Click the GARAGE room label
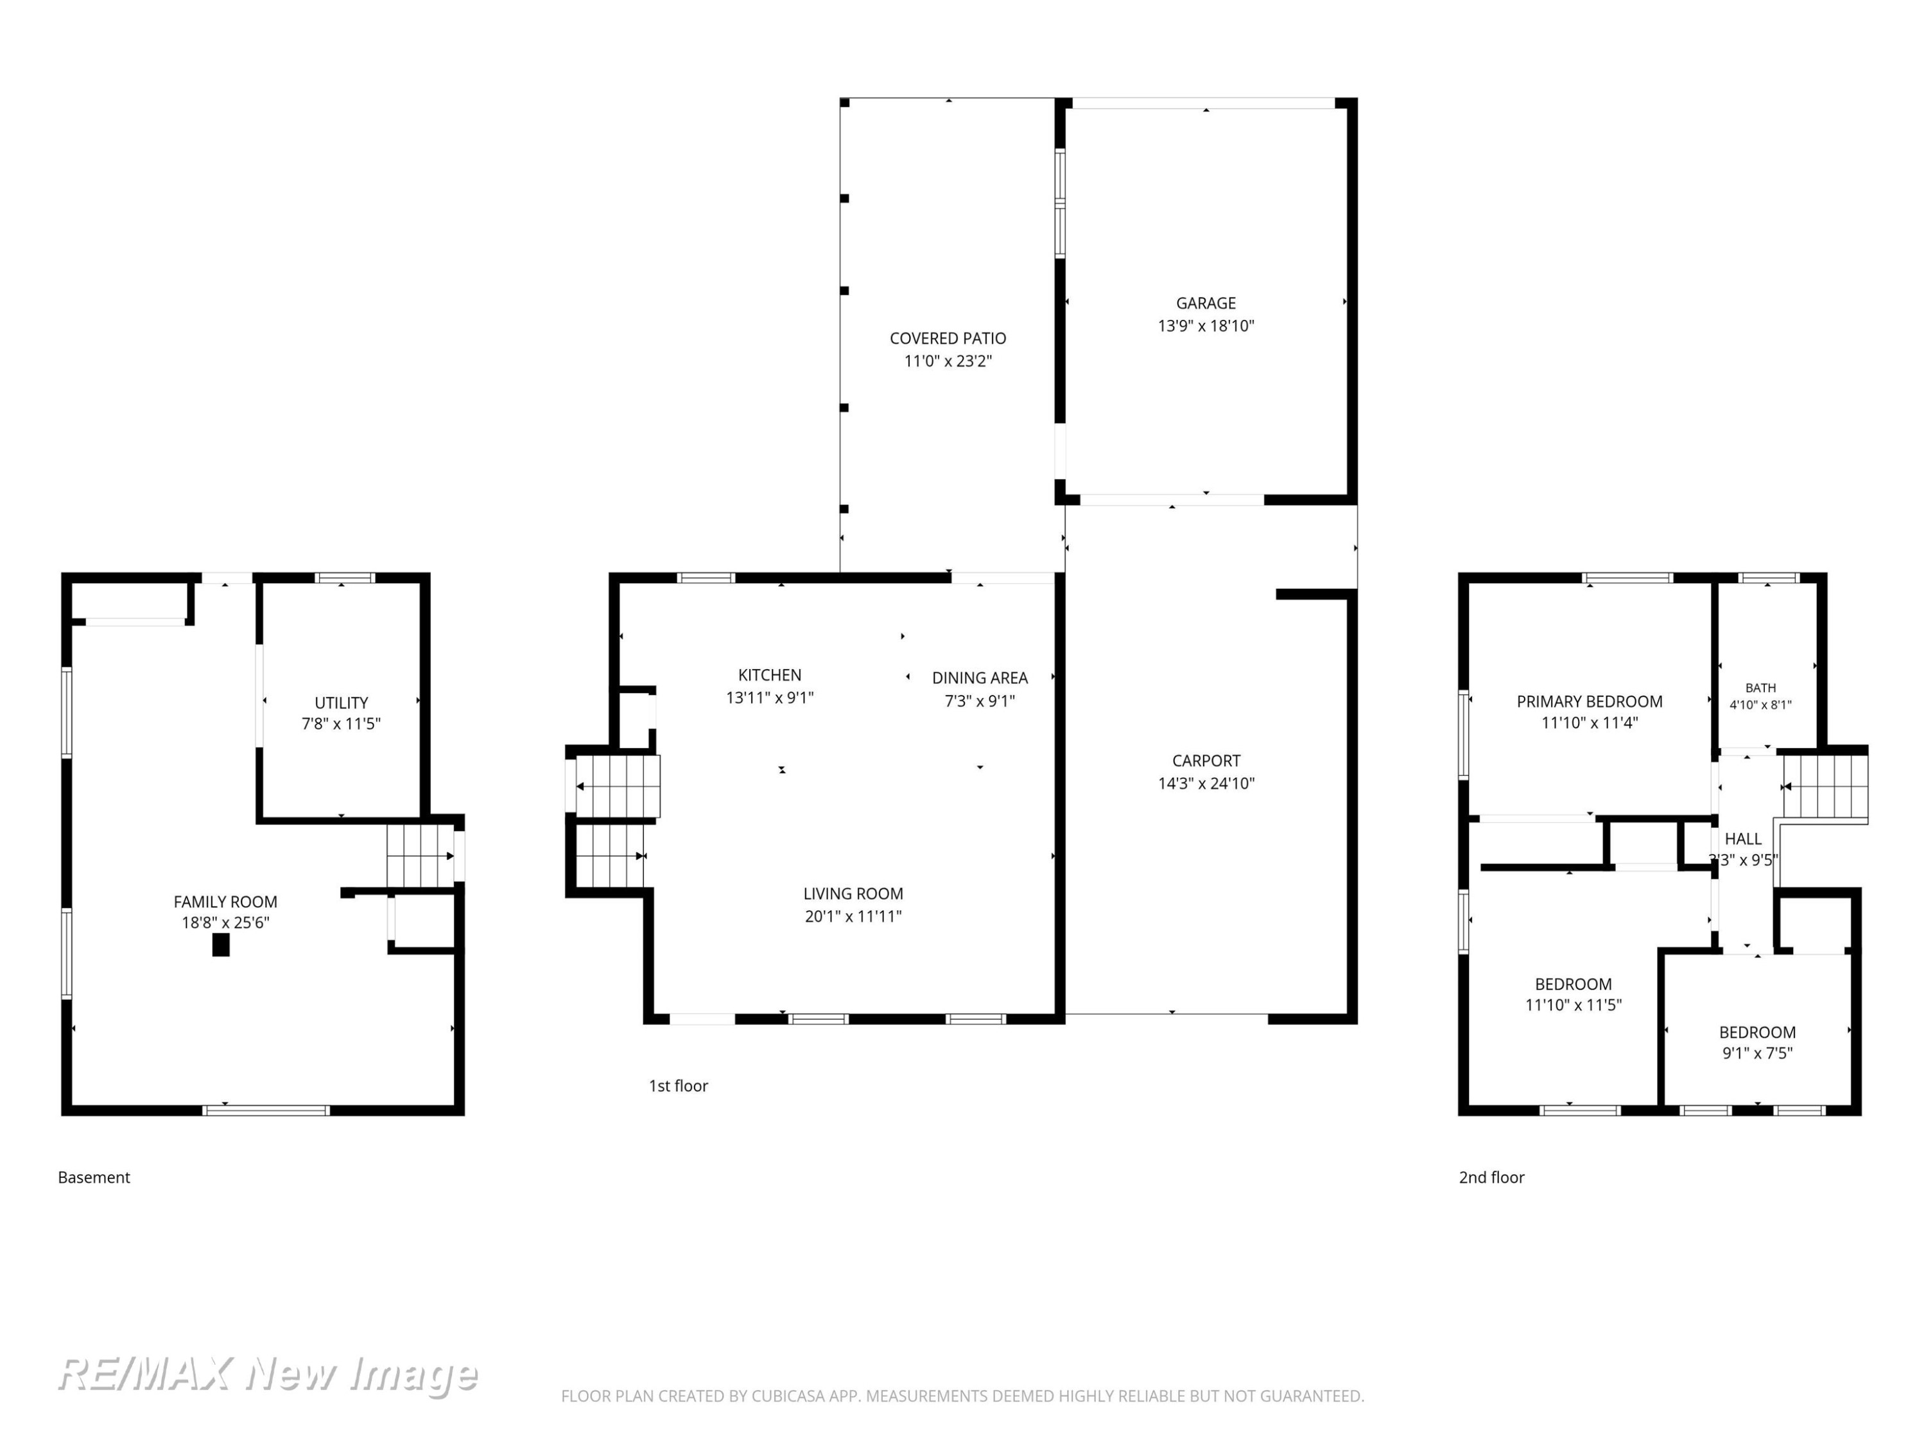[x=1206, y=303]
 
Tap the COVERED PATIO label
[x=948, y=338]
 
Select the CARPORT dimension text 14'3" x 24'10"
[x=1206, y=783]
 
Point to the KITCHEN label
[x=770, y=675]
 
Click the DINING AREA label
[x=980, y=678]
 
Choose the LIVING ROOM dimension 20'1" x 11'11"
[x=853, y=915]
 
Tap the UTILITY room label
[x=342, y=703]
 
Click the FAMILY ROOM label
[x=225, y=902]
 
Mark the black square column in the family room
[x=221, y=945]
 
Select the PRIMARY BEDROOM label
[x=1589, y=701]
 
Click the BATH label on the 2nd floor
[x=1760, y=688]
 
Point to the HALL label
[x=1743, y=839]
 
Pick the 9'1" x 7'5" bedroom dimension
[x=1757, y=1053]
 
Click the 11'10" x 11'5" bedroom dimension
[x=1574, y=1004]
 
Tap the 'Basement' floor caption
[x=94, y=1178]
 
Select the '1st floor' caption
[x=679, y=1086]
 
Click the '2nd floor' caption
[x=1491, y=1178]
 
